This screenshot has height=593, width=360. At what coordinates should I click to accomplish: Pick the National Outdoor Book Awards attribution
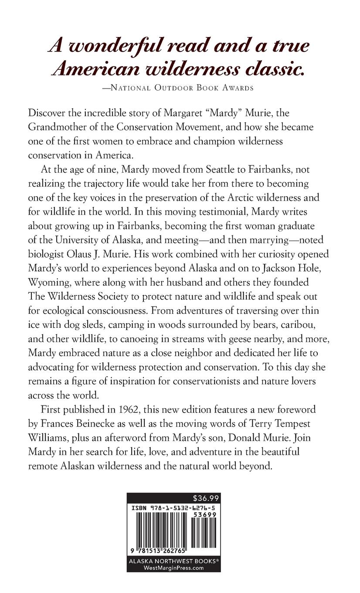tap(182, 88)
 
